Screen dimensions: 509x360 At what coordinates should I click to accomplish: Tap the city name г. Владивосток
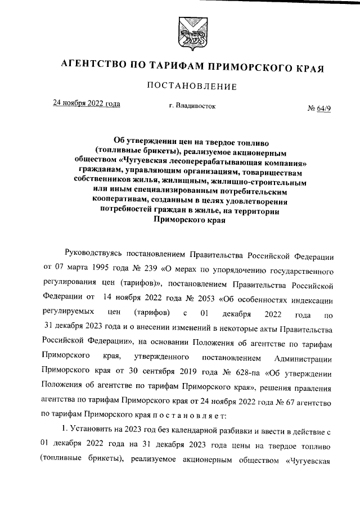[x=192, y=105]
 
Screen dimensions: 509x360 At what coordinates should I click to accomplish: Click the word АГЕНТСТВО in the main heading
[x=92, y=67]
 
